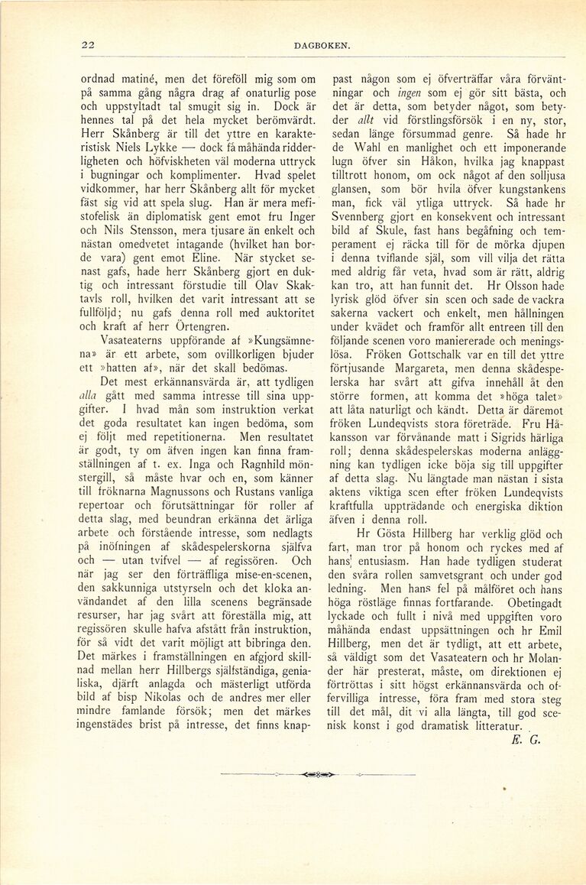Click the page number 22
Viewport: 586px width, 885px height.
click(88, 45)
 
